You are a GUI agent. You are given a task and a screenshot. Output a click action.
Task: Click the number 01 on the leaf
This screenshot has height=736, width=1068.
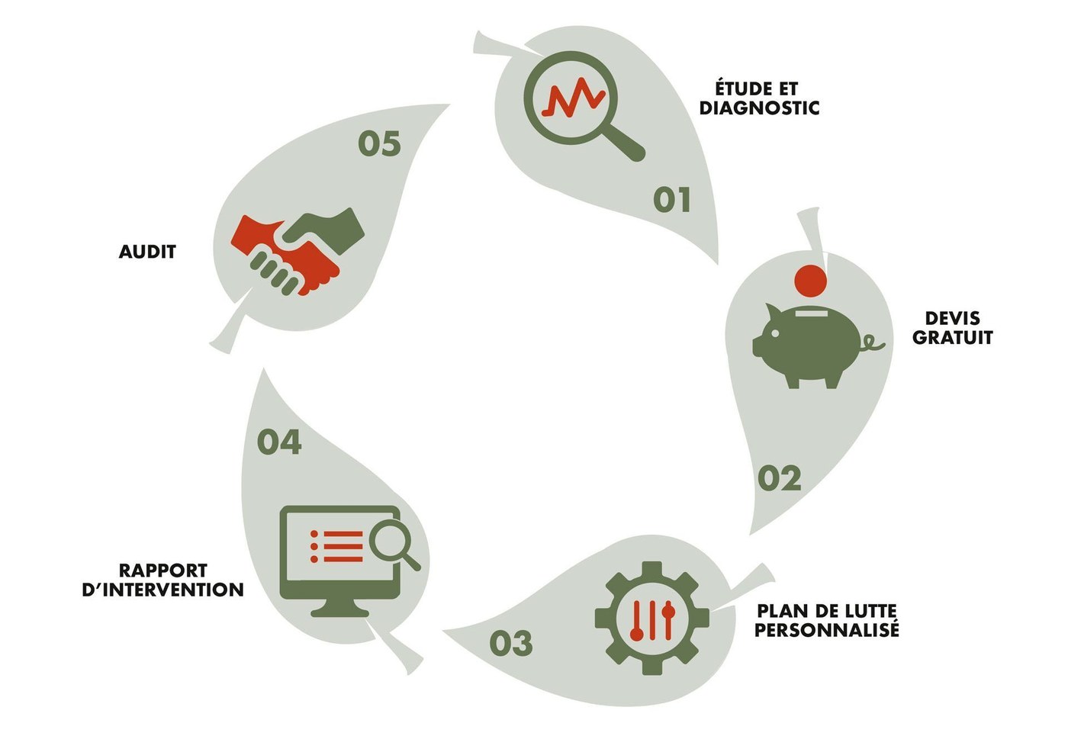click(x=672, y=200)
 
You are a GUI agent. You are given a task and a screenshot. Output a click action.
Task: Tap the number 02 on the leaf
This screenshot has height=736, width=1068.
click(x=780, y=478)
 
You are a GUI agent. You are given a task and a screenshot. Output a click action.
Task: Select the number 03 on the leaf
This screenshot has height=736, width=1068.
click(x=510, y=643)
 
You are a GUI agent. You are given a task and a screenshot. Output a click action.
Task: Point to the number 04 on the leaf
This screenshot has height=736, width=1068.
click(x=279, y=442)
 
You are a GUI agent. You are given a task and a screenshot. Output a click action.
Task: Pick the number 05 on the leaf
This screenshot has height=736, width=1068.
click(x=380, y=143)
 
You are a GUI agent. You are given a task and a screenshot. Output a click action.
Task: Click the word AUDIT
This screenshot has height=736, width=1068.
click(x=147, y=252)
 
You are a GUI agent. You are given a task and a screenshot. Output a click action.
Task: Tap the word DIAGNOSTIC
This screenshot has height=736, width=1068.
click(x=759, y=108)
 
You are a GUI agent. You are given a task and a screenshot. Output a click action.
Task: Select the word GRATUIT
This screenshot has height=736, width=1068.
click(x=953, y=337)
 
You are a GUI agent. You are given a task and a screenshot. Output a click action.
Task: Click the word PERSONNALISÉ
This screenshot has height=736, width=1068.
click(x=826, y=630)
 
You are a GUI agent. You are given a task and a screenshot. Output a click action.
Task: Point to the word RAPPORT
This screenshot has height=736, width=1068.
click(x=163, y=570)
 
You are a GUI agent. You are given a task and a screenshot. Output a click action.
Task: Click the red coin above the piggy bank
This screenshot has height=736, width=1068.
click(x=810, y=281)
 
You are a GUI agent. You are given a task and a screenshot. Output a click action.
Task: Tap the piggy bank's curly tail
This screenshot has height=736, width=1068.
click(x=871, y=342)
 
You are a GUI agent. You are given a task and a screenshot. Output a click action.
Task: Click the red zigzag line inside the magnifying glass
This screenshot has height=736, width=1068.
click(x=574, y=98)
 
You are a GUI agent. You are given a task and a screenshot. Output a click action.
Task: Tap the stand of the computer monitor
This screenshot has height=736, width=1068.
click(x=339, y=607)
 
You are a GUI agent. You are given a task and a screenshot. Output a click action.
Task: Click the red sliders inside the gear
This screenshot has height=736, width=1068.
click(x=652, y=620)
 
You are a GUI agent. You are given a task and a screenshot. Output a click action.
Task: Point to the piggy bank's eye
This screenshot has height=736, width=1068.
click(x=774, y=333)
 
